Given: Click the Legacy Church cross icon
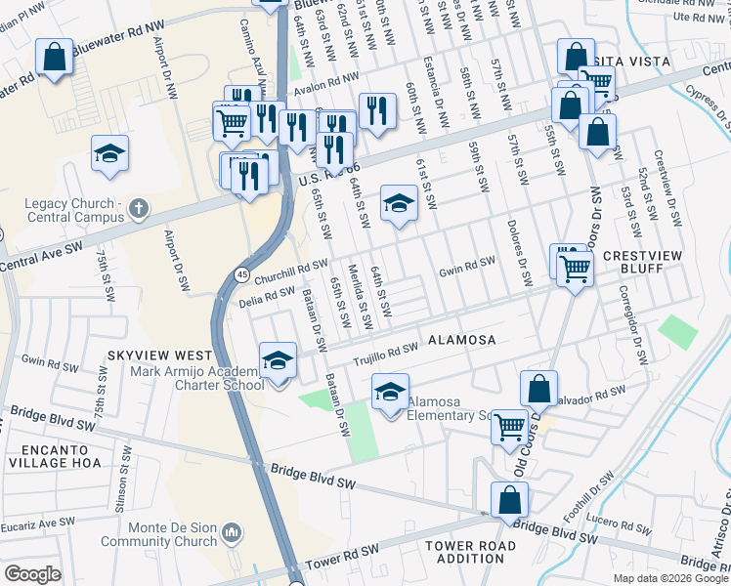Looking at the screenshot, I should tap(139, 208).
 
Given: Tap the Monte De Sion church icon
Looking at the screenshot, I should tap(232, 532).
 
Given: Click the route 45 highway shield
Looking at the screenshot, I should tap(240, 274).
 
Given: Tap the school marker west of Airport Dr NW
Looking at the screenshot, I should tap(110, 153).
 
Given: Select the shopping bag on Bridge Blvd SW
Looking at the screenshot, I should tap(510, 500).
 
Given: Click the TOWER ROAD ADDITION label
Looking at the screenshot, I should tap(464, 552).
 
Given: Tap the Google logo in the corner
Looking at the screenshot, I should tap(32, 574).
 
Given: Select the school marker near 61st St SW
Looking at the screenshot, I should tap(398, 203).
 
